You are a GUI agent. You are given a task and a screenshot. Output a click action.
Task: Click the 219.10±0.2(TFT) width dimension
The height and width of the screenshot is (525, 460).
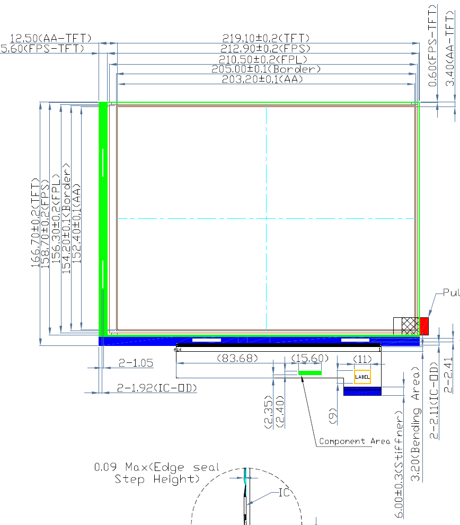click(x=266, y=38)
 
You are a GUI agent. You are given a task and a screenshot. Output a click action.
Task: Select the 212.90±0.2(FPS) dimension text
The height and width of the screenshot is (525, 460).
click(x=266, y=49)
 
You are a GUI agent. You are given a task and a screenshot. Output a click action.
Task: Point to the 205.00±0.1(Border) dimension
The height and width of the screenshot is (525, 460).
click(x=266, y=69)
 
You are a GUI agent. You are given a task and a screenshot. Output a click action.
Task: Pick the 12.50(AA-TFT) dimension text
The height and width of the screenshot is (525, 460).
click(x=51, y=38)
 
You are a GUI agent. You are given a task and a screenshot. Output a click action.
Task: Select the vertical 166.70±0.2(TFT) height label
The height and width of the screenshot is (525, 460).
click(x=36, y=223)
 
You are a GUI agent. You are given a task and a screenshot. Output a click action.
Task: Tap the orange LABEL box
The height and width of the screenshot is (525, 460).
click(x=362, y=377)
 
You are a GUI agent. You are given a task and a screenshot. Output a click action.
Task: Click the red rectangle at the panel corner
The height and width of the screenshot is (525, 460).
click(x=424, y=326)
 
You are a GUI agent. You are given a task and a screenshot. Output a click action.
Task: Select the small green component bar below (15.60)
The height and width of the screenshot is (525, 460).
click(x=310, y=373)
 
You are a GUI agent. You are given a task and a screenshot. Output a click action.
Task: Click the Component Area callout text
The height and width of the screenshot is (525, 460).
click(x=349, y=441)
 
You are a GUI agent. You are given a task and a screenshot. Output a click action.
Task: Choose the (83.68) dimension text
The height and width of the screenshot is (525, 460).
click(x=237, y=359)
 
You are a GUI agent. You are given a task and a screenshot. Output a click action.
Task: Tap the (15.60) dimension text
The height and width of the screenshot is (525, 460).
click(x=307, y=359)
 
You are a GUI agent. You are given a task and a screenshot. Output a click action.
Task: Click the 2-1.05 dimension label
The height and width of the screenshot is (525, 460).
click(x=136, y=363)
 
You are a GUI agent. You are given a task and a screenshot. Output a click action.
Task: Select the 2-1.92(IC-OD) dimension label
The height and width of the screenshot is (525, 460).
click(x=157, y=388)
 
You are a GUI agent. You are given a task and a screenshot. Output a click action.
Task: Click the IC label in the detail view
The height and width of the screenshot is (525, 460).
click(x=284, y=493)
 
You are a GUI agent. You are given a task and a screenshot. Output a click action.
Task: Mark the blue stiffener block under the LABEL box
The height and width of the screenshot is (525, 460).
click(x=362, y=391)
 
